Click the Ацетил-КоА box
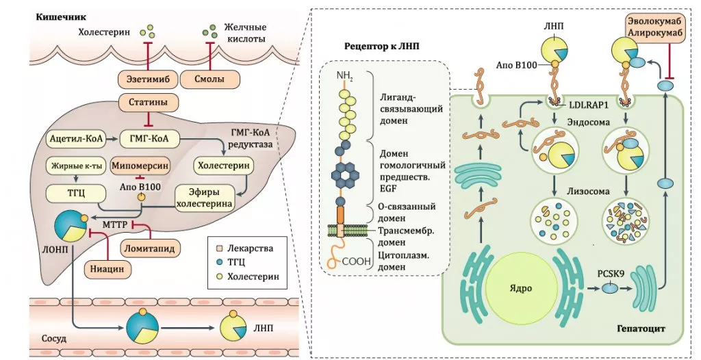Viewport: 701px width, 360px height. coord(75,139)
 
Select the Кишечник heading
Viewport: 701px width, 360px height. coord(57,15)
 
